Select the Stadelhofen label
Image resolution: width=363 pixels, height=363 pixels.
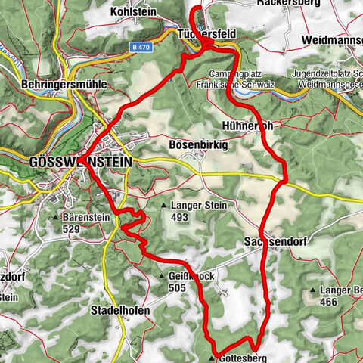click(x=120, y=311)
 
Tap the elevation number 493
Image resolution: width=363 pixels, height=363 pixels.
click(x=179, y=217)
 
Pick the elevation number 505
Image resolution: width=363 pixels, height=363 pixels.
click(x=177, y=287)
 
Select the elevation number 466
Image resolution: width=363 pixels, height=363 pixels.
click(x=329, y=302)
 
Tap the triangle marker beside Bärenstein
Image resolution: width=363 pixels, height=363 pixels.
click(x=54, y=218)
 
